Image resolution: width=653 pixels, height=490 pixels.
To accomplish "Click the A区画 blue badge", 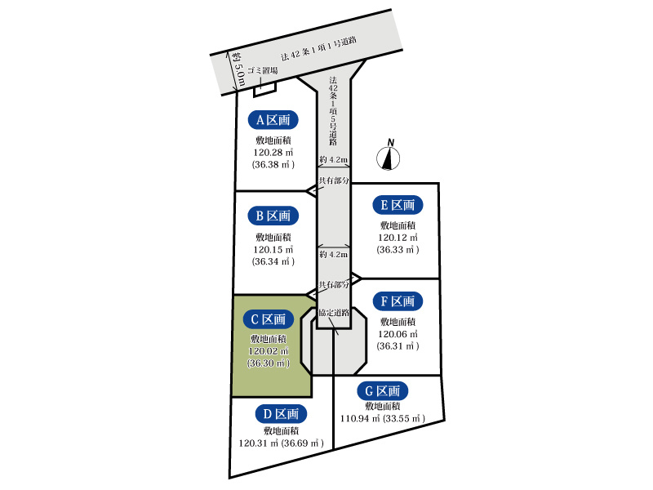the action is (x=273, y=120).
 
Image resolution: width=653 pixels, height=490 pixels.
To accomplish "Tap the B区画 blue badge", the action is (x=273, y=216).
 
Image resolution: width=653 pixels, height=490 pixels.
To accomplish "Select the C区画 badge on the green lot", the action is (x=269, y=319).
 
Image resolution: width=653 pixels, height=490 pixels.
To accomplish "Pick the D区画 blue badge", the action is (x=281, y=414).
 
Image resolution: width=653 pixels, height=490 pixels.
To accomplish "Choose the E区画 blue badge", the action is (x=398, y=205).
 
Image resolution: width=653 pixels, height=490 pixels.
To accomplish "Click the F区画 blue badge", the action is (x=398, y=301).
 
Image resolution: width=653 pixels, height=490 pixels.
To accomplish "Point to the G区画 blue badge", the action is (x=383, y=391).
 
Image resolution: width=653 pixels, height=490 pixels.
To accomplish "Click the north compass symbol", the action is (x=389, y=155).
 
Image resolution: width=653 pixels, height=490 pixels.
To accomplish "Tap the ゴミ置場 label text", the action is (x=262, y=70).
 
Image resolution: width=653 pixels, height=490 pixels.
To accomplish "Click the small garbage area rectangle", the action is (x=265, y=89).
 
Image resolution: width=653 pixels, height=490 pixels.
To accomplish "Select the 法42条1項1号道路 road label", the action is (x=318, y=49).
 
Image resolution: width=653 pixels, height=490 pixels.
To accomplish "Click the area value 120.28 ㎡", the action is (x=273, y=153).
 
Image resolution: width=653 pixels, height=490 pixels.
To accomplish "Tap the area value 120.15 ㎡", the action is (x=273, y=250).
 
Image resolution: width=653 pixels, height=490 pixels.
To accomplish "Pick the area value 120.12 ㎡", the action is (x=398, y=238).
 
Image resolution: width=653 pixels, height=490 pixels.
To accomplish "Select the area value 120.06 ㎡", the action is (x=398, y=334).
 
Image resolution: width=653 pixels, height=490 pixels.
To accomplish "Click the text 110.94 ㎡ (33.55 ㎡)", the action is (x=383, y=418).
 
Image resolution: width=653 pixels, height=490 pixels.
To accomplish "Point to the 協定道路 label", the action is (x=334, y=313).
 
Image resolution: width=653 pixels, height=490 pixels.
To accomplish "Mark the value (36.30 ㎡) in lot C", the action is (x=269, y=363).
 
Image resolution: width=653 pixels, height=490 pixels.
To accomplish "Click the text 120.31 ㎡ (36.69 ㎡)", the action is (x=281, y=443).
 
